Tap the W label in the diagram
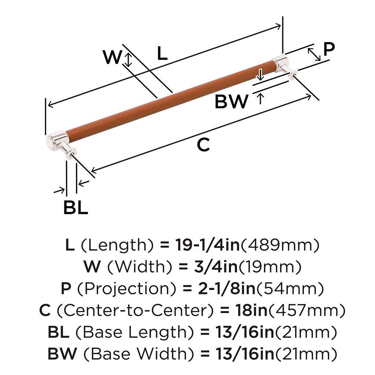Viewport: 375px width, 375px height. pyautogui.click(x=112, y=57)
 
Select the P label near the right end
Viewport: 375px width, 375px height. pyautogui.click(x=329, y=49)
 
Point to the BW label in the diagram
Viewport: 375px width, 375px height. pyautogui.click(x=231, y=102)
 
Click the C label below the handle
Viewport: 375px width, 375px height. pyautogui.click(x=203, y=145)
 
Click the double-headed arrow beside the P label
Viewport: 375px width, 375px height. pyautogui.click(x=314, y=54)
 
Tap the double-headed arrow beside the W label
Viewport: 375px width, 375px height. pyautogui.click(x=129, y=60)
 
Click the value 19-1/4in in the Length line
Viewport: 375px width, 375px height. pyautogui.click(x=207, y=245)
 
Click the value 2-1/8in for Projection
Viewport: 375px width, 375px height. pyautogui.click(x=227, y=289)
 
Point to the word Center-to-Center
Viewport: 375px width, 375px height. pyautogui.click(x=135, y=310)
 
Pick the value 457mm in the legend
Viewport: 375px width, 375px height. pyautogui.click(x=307, y=311)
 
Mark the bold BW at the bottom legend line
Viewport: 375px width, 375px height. pyautogui.click(x=62, y=354)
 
